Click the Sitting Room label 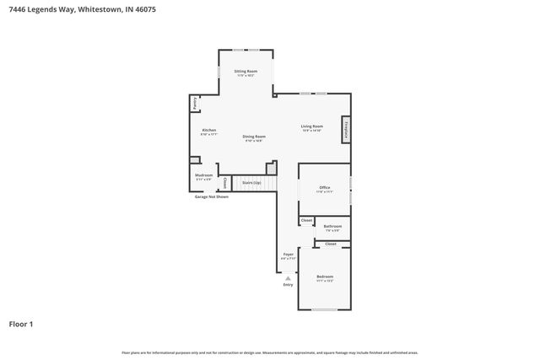tap(246, 73)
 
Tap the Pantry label tap(195, 103)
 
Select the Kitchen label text tap(208, 132)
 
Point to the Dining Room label tap(254, 137)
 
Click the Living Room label tap(312, 127)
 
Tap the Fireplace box tap(346, 131)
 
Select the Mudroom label tap(204, 176)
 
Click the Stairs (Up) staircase tap(251, 182)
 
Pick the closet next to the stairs tap(224, 182)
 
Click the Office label tap(325, 189)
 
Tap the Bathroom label tap(332, 227)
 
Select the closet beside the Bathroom tap(306, 221)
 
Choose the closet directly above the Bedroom tap(331, 244)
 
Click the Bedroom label tap(325, 277)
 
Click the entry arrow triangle tap(288, 277)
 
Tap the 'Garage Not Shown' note tap(212, 196)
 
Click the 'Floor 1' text tap(21, 323)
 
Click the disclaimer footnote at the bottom tap(270, 352)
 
